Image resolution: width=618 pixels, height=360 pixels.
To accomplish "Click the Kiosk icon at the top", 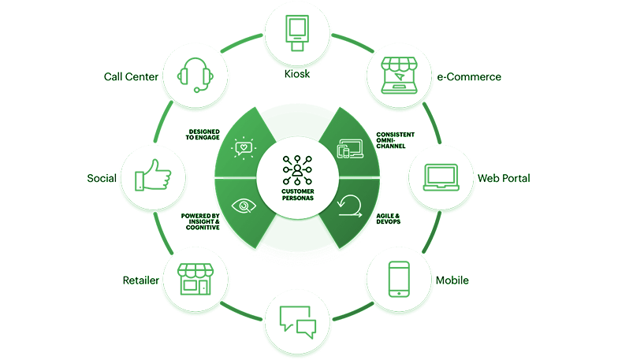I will pos(296,30).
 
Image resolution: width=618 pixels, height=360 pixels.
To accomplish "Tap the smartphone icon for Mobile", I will pos(400,279).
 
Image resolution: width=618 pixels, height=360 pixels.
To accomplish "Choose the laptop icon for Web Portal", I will pos(441,178).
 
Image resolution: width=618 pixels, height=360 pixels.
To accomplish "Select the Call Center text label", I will pos(132,76).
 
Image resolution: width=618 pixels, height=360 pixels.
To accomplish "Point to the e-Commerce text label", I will pos(469,76).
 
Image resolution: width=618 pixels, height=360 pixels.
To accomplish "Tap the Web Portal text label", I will pos(504,178).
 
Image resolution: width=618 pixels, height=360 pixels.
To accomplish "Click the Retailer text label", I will pos(141,280).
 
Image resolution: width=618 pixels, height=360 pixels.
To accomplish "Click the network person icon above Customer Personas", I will pos(297,169).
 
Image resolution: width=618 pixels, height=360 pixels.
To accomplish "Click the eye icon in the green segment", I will pos(245,206).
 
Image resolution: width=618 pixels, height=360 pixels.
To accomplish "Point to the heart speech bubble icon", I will pos(245,147).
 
